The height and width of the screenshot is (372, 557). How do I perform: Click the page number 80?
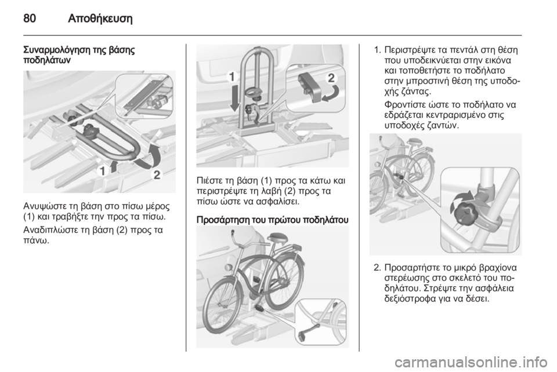pyautogui.click(x=30, y=18)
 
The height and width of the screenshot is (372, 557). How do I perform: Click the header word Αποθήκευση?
pyautogui.click(x=100, y=18)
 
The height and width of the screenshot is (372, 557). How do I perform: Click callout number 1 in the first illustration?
pyautogui.click(x=102, y=172)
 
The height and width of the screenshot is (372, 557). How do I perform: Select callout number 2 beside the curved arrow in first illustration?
pyautogui.click(x=157, y=174)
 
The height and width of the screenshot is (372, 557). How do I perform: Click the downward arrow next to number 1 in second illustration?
pyautogui.click(x=235, y=98)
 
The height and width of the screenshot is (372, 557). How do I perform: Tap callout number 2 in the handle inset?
pyautogui.click(x=331, y=78)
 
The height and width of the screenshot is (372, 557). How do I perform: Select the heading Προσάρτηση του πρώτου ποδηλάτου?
pyautogui.click(x=273, y=220)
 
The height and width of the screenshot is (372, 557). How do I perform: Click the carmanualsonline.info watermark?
pyautogui.click(x=471, y=363)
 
